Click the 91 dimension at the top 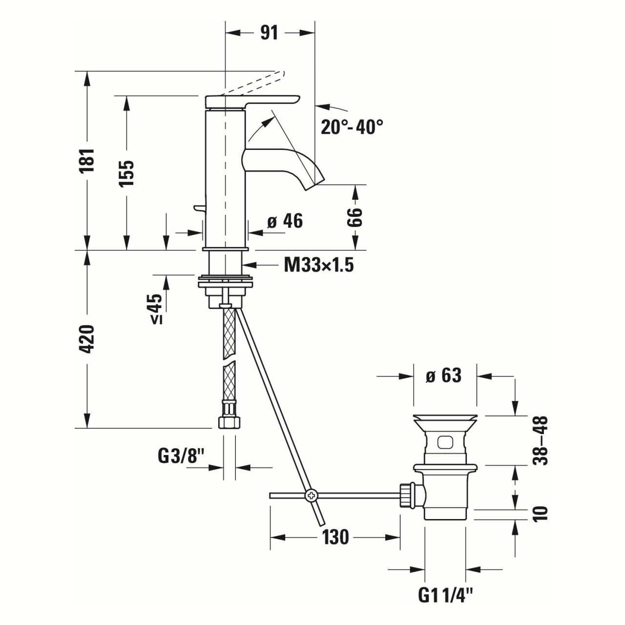pyautogui.click(x=269, y=33)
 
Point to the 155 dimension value pyautogui.click(x=126, y=173)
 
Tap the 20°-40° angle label pyautogui.click(x=352, y=127)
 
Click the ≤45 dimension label pyautogui.click(x=156, y=309)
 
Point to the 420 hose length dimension pyautogui.click(x=87, y=339)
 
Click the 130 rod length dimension pyautogui.click(x=335, y=538)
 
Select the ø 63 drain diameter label pyautogui.click(x=443, y=376)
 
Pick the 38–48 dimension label pyautogui.click(x=541, y=440)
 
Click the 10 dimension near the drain pyautogui.click(x=541, y=513)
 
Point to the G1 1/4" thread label pyautogui.click(x=446, y=595)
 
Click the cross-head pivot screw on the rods pyautogui.click(x=311, y=496)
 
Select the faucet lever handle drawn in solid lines pyautogui.click(x=251, y=101)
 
